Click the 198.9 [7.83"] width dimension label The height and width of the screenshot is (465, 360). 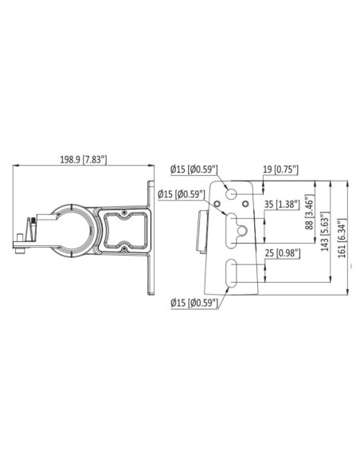point(84,159)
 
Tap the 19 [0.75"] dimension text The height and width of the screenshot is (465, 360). point(280,170)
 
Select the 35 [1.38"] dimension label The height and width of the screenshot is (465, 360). point(282,205)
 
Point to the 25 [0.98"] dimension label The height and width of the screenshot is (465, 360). point(283,253)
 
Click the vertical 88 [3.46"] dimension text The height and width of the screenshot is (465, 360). point(310,212)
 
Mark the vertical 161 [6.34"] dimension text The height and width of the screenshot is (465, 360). point(342,238)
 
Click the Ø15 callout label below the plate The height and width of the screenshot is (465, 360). point(194,303)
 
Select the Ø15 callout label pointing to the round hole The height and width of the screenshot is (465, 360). point(194,170)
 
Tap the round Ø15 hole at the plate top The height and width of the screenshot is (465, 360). point(231,194)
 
